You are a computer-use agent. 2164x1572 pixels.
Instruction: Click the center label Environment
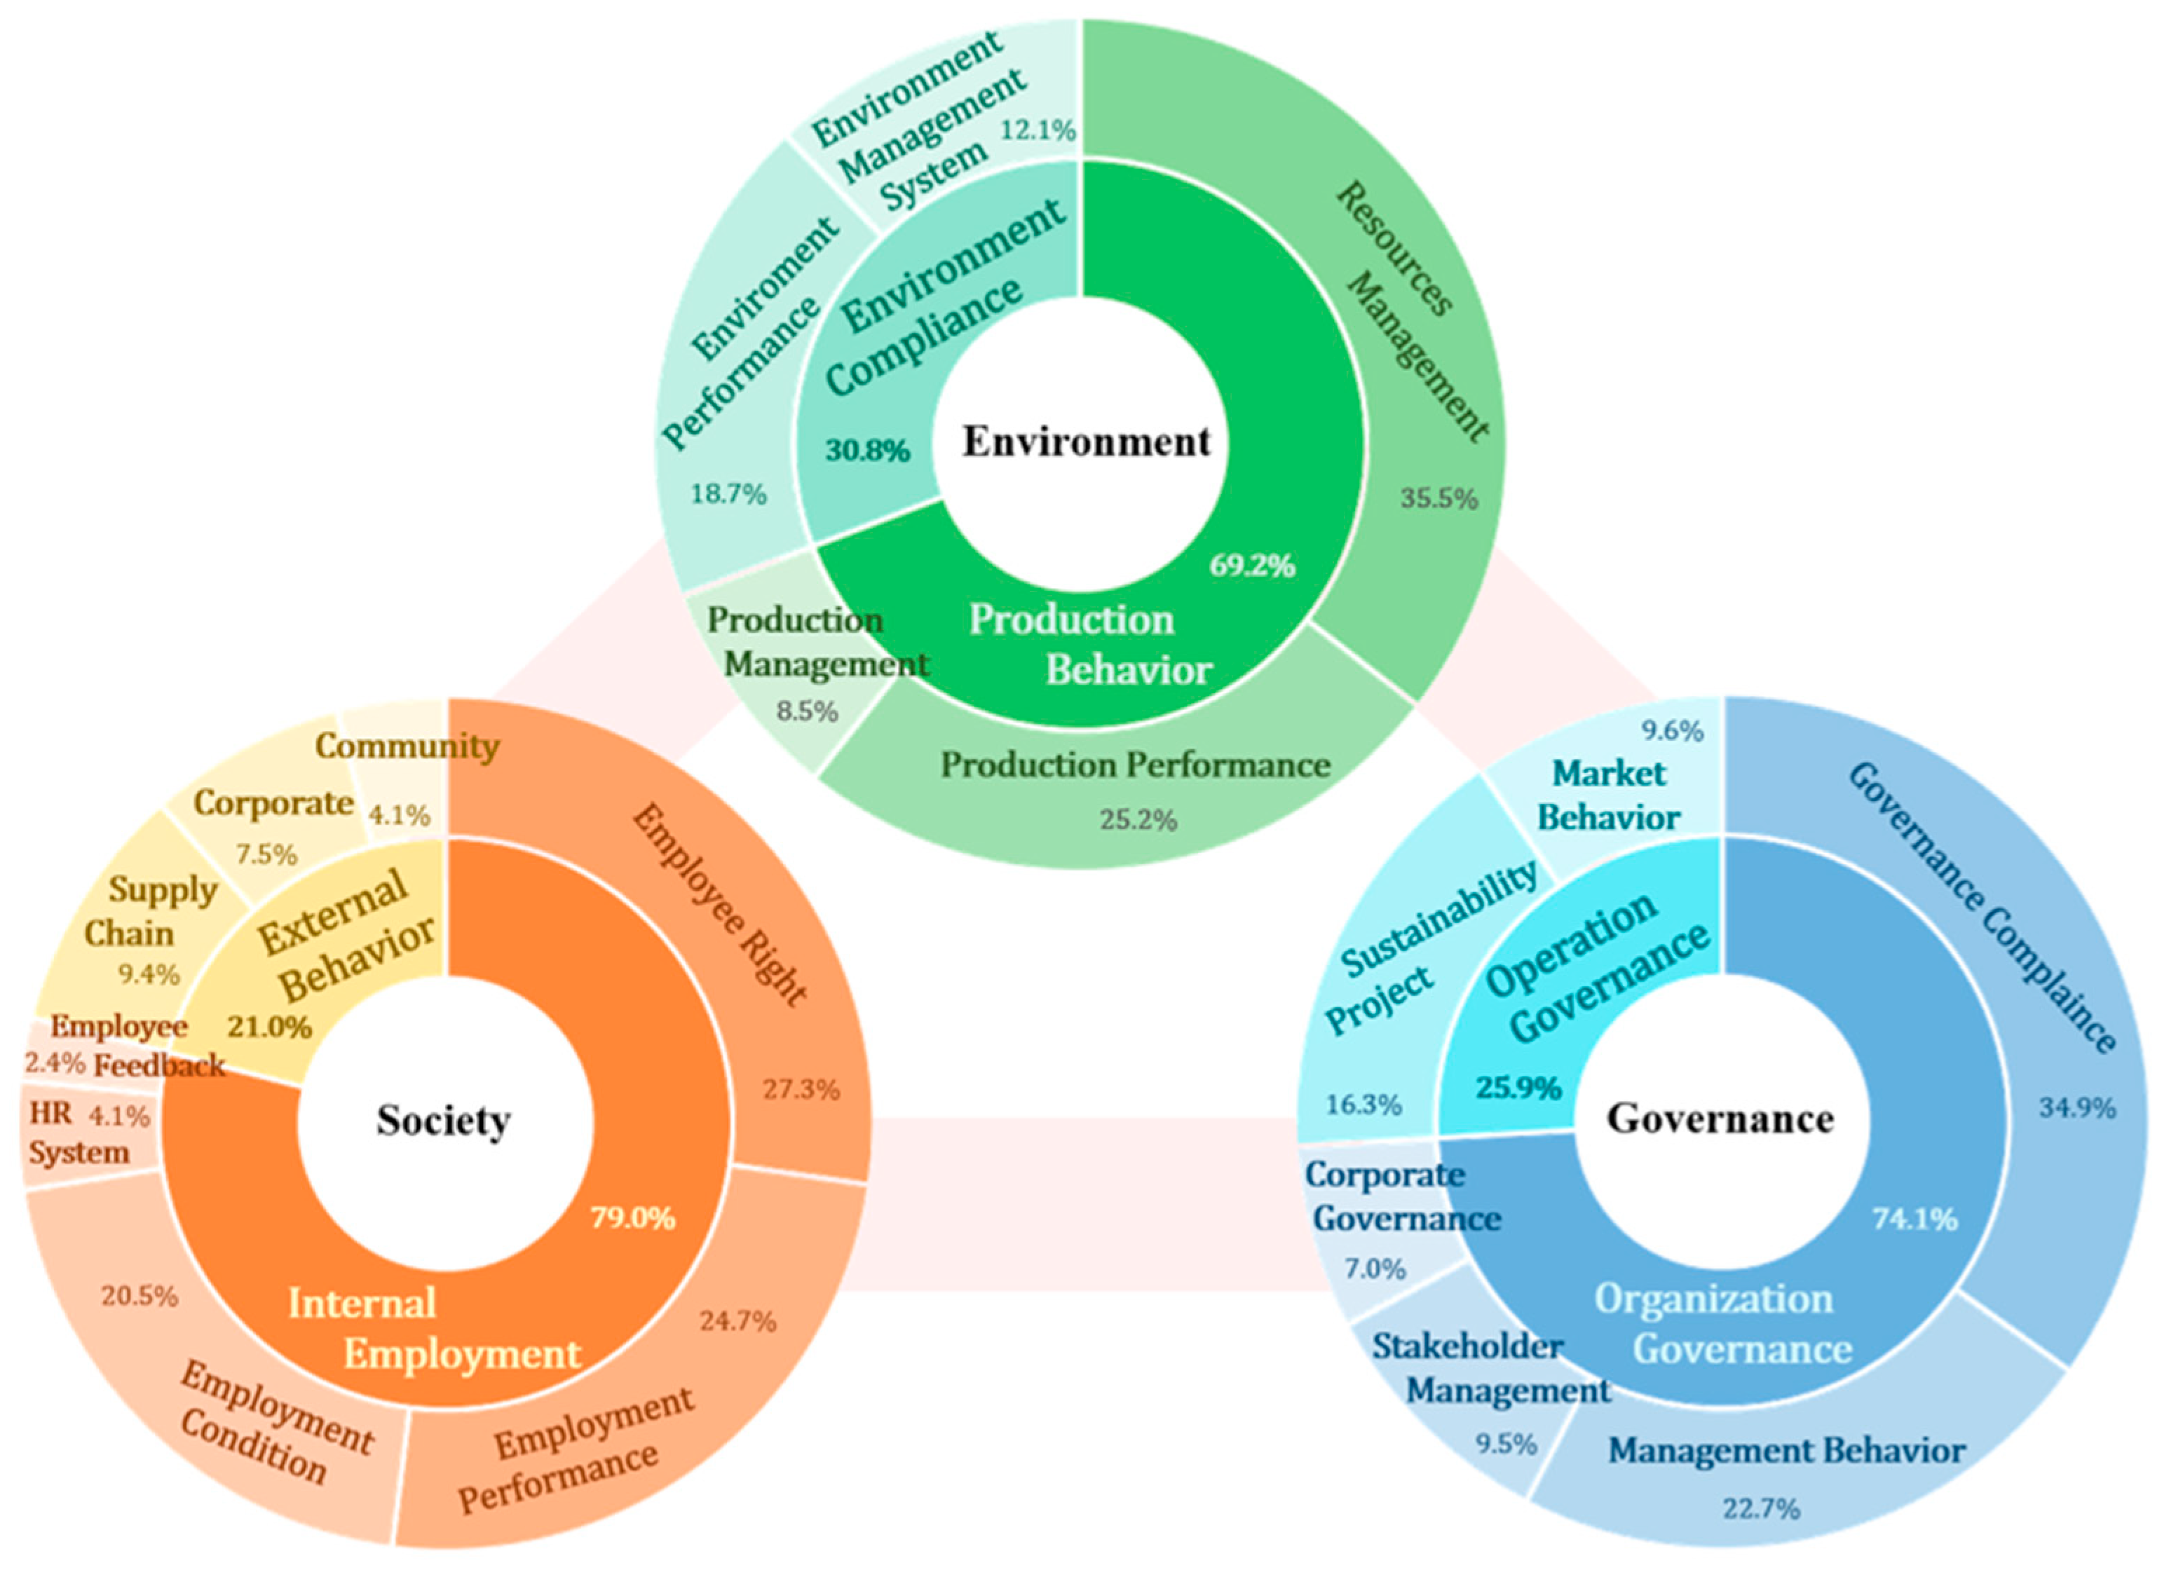click(x=1086, y=442)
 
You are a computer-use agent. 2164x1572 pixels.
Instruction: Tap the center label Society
click(x=443, y=1120)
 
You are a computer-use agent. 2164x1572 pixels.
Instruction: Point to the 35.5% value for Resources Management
click(x=1439, y=498)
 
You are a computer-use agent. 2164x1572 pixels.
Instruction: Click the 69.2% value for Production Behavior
click(x=1252, y=566)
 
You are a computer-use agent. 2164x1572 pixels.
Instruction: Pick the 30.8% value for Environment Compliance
click(x=867, y=449)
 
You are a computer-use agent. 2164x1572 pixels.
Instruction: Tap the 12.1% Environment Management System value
click(x=1038, y=129)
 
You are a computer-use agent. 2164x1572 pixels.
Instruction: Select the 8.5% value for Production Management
click(x=808, y=711)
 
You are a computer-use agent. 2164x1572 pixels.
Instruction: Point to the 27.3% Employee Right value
click(x=801, y=1089)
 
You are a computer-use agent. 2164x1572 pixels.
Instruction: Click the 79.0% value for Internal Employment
click(x=632, y=1218)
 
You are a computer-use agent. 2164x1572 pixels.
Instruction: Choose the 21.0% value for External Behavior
click(x=270, y=1027)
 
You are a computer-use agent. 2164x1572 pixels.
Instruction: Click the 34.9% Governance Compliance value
click(x=2077, y=1107)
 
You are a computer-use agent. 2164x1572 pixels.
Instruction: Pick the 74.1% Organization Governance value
click(x=1914, y=1219)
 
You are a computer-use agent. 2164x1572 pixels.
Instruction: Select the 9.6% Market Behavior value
click(x=1672, y=732)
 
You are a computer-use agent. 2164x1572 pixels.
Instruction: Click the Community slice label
click(x=407, y=746)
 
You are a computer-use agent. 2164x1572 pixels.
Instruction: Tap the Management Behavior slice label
click(x=1786, y=1451)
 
